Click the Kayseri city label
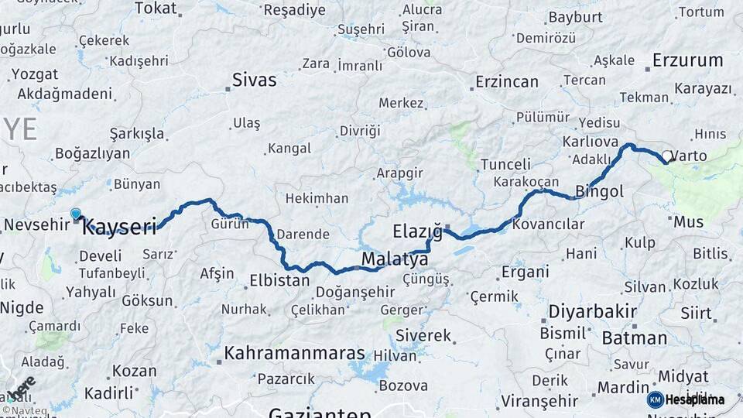point(119,226)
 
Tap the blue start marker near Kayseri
point(75,214)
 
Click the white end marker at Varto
point(666,156)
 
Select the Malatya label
point(395,259)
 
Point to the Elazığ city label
point(416,231)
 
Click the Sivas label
point(254,80)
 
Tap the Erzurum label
point(687,60)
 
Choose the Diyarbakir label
point(592,312)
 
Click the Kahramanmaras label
point(294,354)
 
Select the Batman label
point(634,337)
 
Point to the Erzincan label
point(506,81)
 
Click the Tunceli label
point(505,164)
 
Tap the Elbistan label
point(279,280)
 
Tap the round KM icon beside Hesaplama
point(655,399)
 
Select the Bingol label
point(600,190)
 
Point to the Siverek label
point(423,335)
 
